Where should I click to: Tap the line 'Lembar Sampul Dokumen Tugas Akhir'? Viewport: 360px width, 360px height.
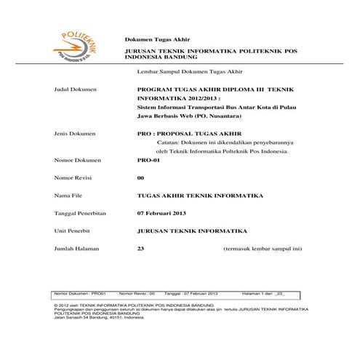[189, 73]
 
